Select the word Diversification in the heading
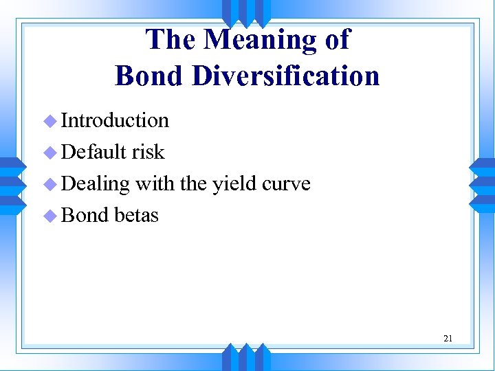pyautogui.click(x=285, y=75)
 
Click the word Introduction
pyautogui.click(x=115, y=120)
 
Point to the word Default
pyautogui.click(x=93, y=152)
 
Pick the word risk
pyautogui.click(x=148, y=152)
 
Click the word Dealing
pyautogui.click(x=96, y=184)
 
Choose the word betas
pyautogui.click(x=136, y=216)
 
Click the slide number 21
pyautogui.click(x=448, y=338)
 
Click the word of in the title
pyautogui.click(x=336, y=40)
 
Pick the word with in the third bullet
pyautogui.click(x=155, y=184)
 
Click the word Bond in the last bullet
pyautogui.click(x=85, y=216)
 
